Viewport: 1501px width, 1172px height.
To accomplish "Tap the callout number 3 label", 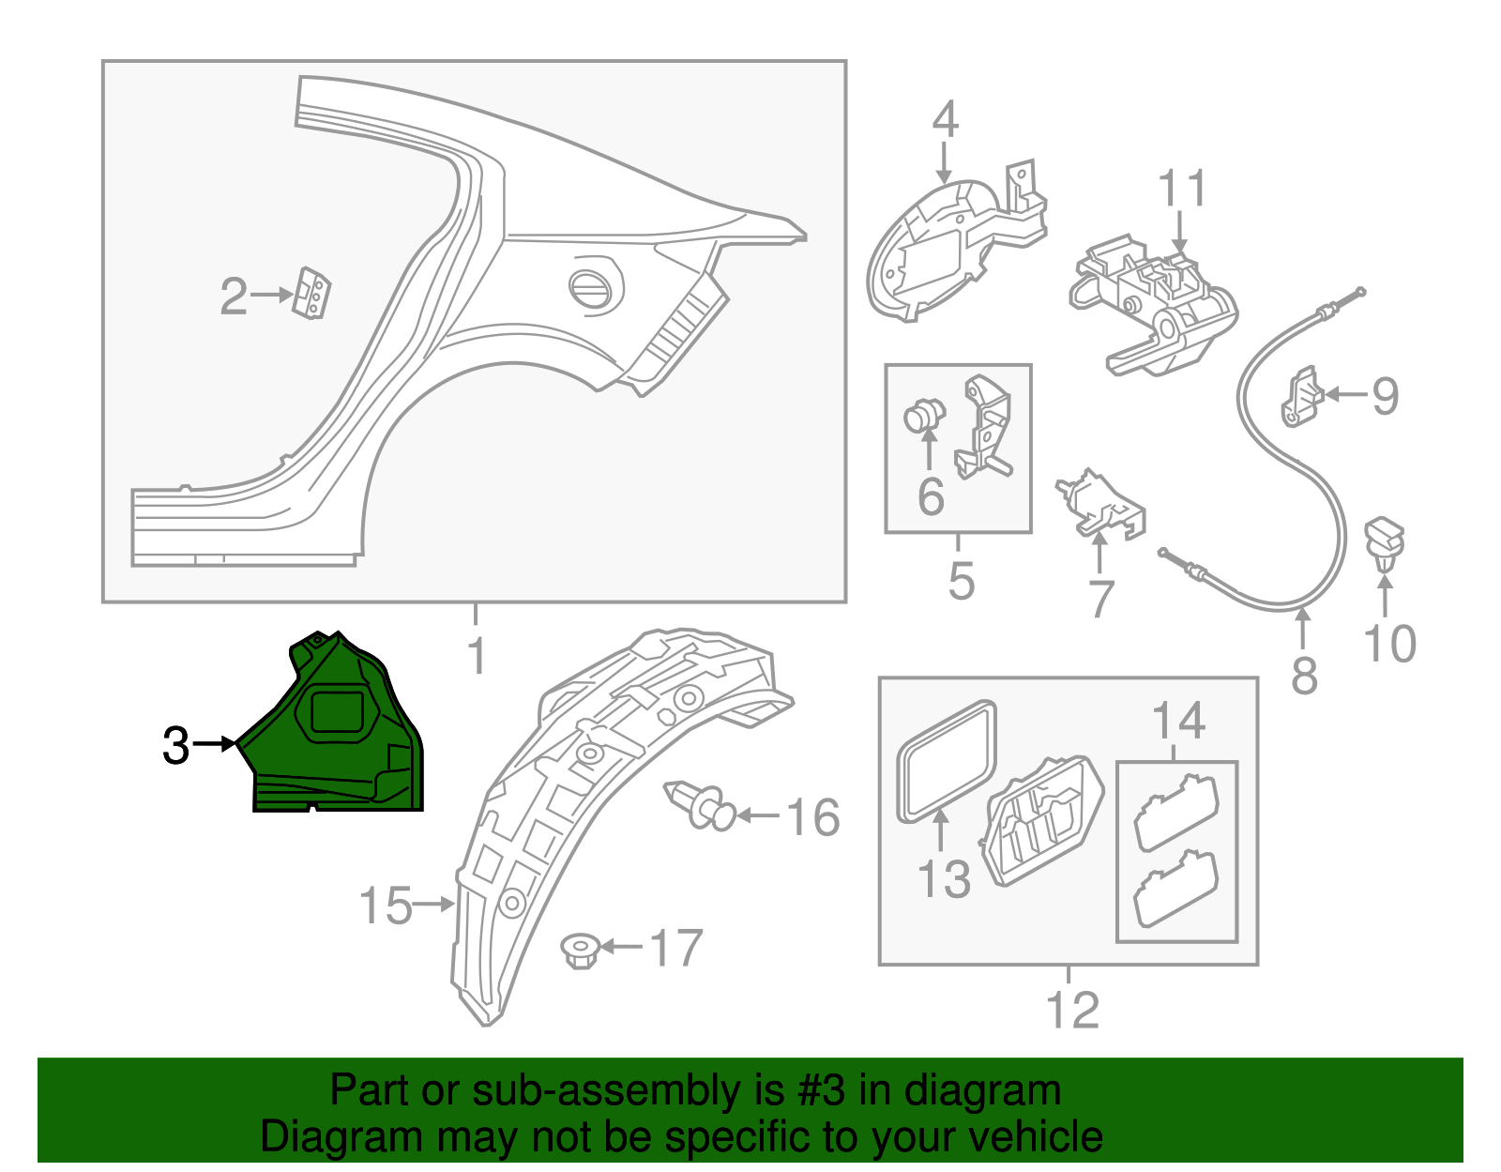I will click(176, 746).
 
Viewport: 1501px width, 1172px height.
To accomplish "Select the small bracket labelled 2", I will click(312, 294).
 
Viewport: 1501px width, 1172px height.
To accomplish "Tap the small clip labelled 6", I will click(924, 416).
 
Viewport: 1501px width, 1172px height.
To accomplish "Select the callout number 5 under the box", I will click(961, 581).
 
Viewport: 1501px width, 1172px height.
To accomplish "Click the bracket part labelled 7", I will click(1101, 506).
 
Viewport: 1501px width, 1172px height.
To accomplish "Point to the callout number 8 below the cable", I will click(1304, 675).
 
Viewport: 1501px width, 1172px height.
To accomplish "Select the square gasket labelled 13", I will click(946, 759).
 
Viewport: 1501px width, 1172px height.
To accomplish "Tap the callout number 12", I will click(1071, 1010).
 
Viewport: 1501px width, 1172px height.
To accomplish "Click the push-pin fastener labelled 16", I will click(698, 805).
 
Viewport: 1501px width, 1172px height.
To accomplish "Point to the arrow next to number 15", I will click(433, 905).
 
